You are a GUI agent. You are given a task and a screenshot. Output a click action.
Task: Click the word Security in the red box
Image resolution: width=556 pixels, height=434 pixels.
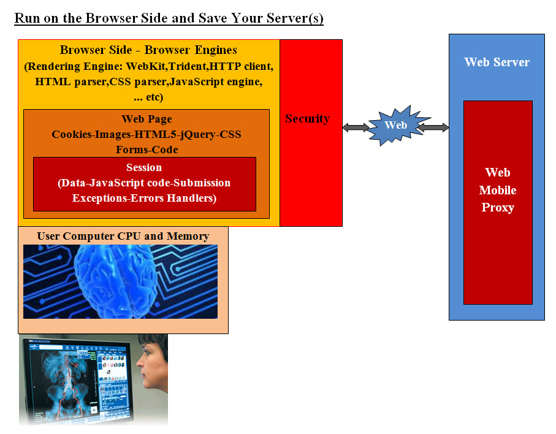pyautogui.click(x=307, y=119)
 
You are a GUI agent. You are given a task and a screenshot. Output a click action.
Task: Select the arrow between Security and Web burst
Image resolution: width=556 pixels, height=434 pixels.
pyautogui.click(x=356, y=128)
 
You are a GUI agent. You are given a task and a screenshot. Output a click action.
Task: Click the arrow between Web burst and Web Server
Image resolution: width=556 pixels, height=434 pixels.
pyautogui.click(x=434, y=128)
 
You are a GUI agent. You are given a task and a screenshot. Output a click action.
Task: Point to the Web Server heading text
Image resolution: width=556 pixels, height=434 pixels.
pyautogui.click(x=497, y=62)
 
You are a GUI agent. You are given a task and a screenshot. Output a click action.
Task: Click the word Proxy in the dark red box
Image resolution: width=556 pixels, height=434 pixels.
pyautogui.click(x=497, y=207)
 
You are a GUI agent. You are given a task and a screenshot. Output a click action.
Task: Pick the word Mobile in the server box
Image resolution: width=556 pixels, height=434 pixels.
pyautogui.click(x=497, y=190)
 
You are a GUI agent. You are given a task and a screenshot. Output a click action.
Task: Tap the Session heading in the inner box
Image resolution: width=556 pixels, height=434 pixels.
pyautogui.click(x=144, y=167)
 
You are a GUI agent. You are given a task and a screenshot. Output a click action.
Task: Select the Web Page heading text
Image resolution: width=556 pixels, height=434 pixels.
pyautogui.click(x=147, y=119)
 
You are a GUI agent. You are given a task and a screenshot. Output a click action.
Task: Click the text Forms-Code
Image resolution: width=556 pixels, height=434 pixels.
pyautogui.click(x=147, y=149)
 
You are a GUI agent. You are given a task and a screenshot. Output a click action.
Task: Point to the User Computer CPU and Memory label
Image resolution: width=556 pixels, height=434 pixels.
pyautogui.click(x=123, y=236)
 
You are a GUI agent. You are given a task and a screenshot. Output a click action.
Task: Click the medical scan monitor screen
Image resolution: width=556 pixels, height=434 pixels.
pyautogui.click(x=77, y=380)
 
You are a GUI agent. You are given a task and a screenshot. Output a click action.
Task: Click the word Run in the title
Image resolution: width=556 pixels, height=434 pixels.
pyautogui.click(x=26, y=18)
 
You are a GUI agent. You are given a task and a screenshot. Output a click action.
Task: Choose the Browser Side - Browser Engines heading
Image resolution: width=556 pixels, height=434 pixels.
pyautogui.click(x=148, y=50)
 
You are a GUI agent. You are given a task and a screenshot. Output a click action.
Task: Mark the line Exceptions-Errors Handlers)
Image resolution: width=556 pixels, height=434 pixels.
pyautogui.click(x=144, y=198)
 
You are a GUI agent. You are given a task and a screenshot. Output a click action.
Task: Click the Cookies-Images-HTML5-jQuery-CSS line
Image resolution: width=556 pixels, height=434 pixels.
pyautogui.click(x=147, y=134)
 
